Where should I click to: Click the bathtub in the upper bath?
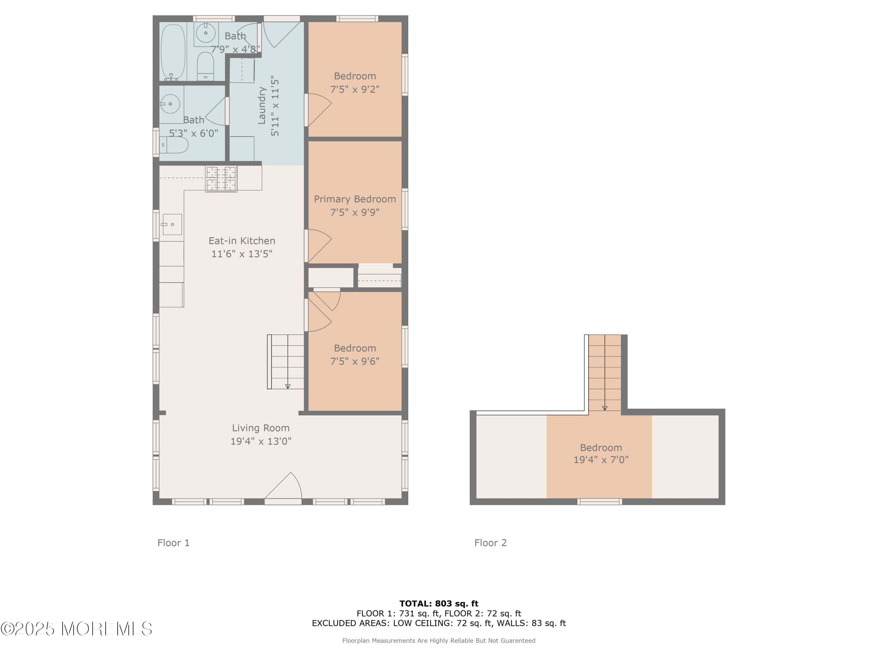pos(173,52)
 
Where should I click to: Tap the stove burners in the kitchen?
pos(221,179)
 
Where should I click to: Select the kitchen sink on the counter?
pos(172,224)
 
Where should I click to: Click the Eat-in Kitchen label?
pos(242,241)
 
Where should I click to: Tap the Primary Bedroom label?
pos(355,199)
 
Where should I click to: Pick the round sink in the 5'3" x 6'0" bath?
pos(170,104)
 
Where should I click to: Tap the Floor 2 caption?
pos(491,543)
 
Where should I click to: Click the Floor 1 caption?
pos(174,543)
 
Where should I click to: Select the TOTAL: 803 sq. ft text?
pos(439,603)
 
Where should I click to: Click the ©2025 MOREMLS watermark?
pos(76,629)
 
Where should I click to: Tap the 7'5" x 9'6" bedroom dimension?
pos(355,361)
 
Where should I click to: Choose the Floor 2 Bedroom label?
pos(601,448)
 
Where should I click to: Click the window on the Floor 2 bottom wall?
pos(599,502)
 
